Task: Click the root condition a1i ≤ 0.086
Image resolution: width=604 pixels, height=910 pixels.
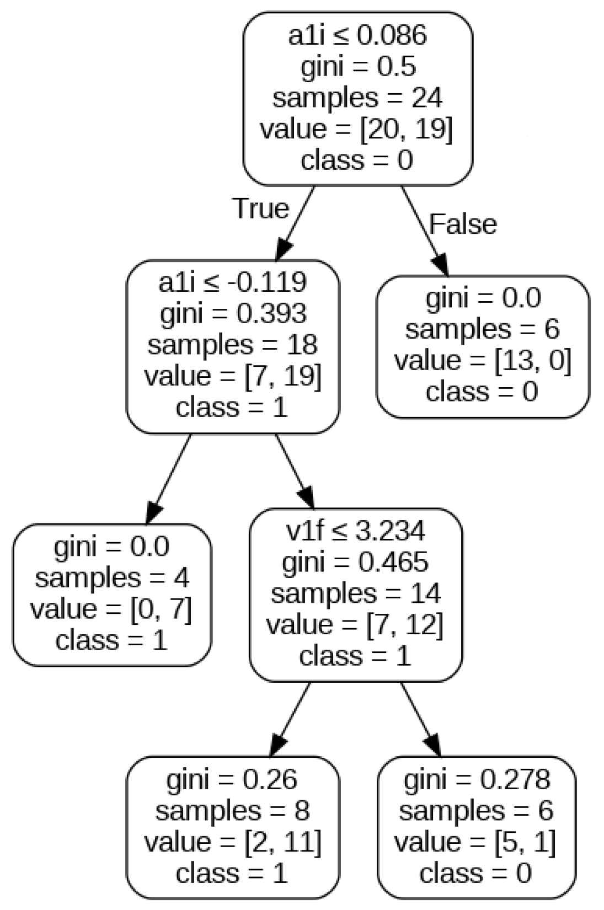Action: [357, 36]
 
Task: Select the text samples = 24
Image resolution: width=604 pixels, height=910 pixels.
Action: [357, 98]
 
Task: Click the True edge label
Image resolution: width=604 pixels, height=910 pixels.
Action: [261, 208]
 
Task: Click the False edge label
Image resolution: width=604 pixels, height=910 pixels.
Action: [463, 224]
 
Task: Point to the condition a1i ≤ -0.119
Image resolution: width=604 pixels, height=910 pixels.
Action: [232, 282]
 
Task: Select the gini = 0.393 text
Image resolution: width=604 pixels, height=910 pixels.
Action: [233, 314]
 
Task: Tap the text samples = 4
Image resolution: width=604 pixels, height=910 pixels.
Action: [112, 578]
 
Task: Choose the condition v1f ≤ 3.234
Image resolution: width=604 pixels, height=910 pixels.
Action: [356, 531]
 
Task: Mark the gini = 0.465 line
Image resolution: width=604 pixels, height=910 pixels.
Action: [355, 563]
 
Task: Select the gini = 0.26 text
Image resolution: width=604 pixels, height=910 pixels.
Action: [232, 779]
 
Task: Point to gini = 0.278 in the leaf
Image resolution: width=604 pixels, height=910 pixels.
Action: [477, 779]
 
